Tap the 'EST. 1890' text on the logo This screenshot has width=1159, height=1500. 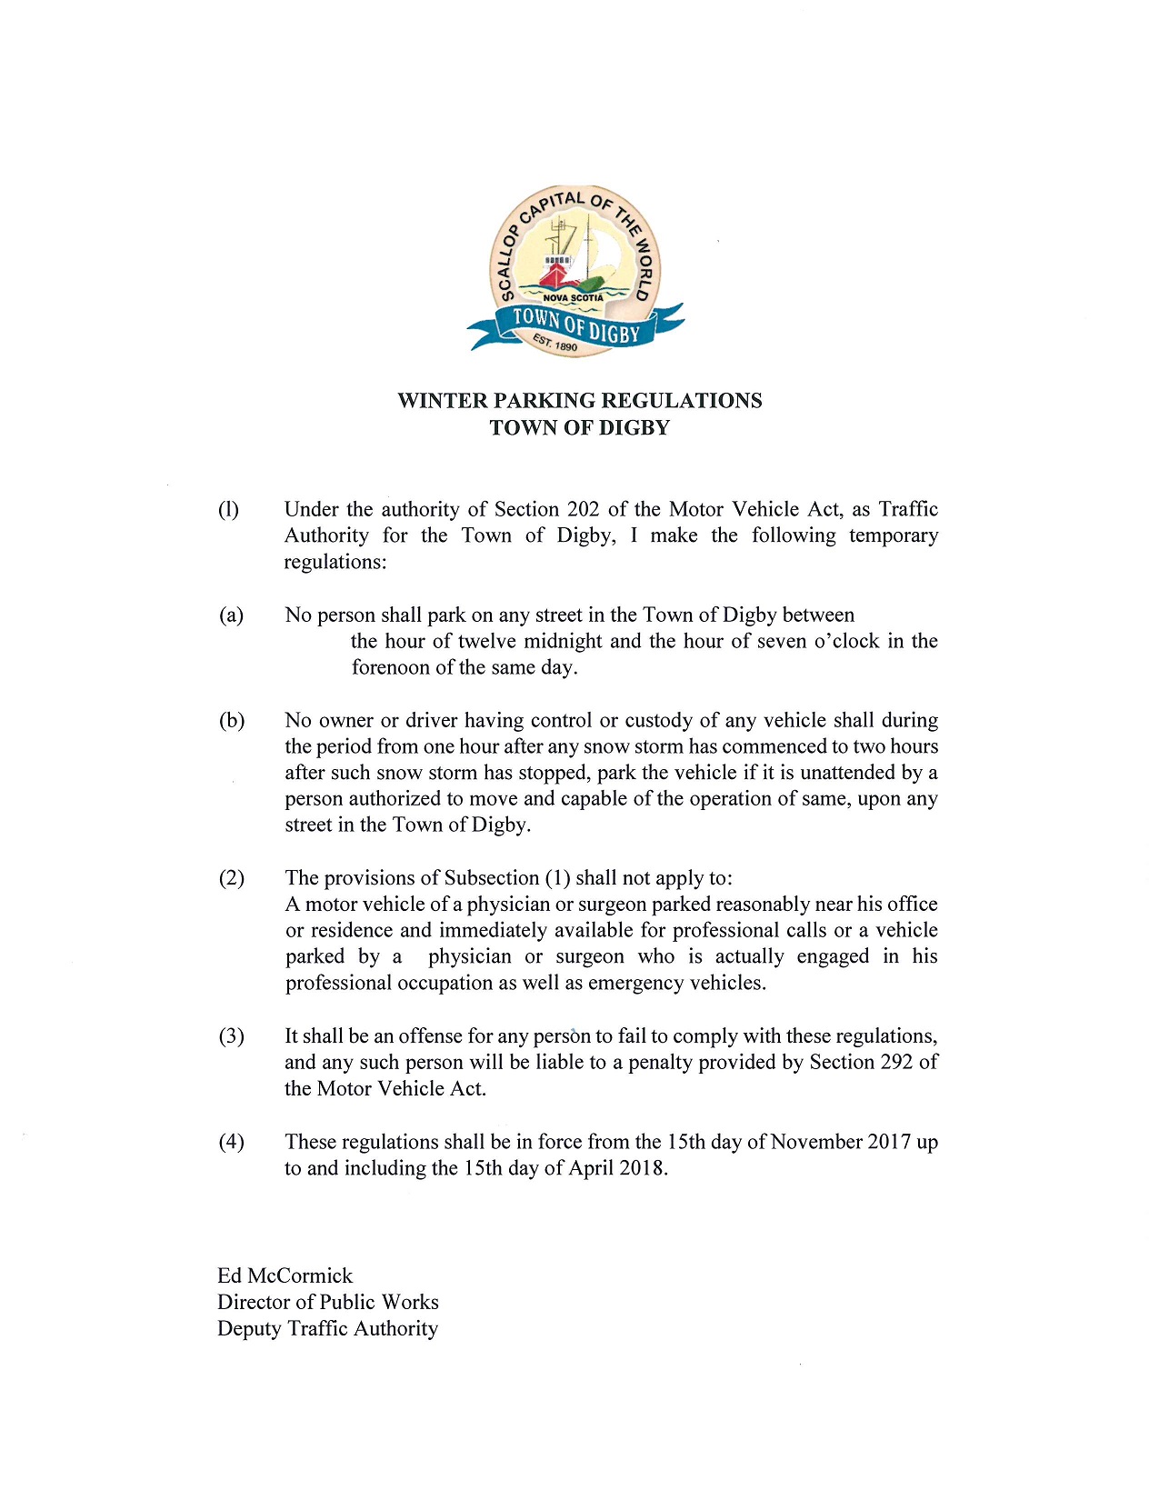[x=555, y=343]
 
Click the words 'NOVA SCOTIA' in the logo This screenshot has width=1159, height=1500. [x=573, y=298]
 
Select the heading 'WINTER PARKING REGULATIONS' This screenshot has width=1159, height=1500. [x=579, y=401]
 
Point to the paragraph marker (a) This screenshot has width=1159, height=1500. [x=231, y=615]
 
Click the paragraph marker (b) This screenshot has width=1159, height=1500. [x=231, y=721]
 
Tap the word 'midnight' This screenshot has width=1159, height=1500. [x=564, y=641]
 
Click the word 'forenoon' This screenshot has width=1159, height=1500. [x=389, y=667]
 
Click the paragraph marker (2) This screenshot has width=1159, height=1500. [x=231, y=878]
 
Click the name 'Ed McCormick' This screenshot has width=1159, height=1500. [x=285, y=1275]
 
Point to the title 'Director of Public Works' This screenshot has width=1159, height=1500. [x=327, y=1302]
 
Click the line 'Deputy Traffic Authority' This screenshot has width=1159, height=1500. [x=327, y=1328]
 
